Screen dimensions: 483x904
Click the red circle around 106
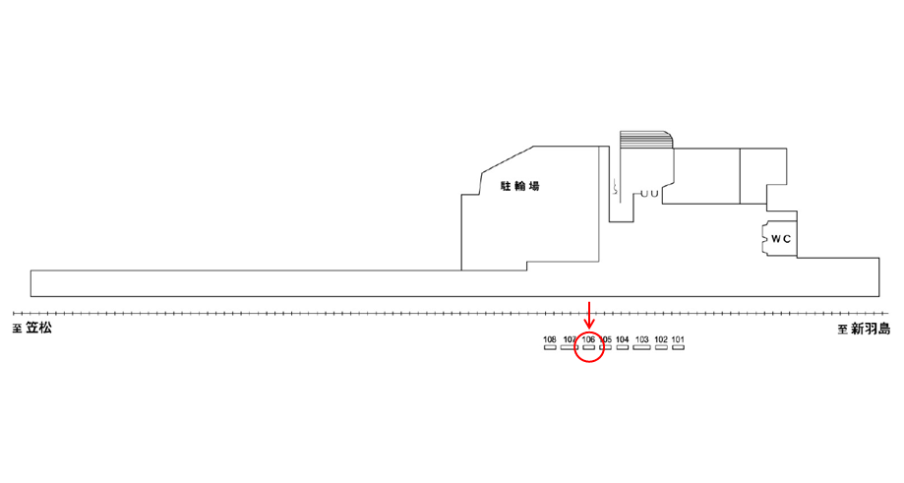588,346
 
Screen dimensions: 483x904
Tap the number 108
550,340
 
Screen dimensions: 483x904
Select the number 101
678,340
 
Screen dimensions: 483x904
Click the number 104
622,340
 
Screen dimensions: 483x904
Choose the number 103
641,340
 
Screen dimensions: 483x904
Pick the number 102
660,340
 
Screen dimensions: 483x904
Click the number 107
569,340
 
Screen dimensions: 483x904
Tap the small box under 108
550,348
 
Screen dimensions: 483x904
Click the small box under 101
678,348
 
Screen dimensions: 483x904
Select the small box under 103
641,348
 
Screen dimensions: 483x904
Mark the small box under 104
622,348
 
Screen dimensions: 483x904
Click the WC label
781,239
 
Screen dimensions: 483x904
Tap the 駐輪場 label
520,185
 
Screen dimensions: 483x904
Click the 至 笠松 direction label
32,329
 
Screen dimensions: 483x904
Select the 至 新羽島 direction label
864,330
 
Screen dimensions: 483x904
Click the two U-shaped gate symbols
648,195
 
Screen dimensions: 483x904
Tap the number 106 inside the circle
588,340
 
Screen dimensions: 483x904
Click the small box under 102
660,348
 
